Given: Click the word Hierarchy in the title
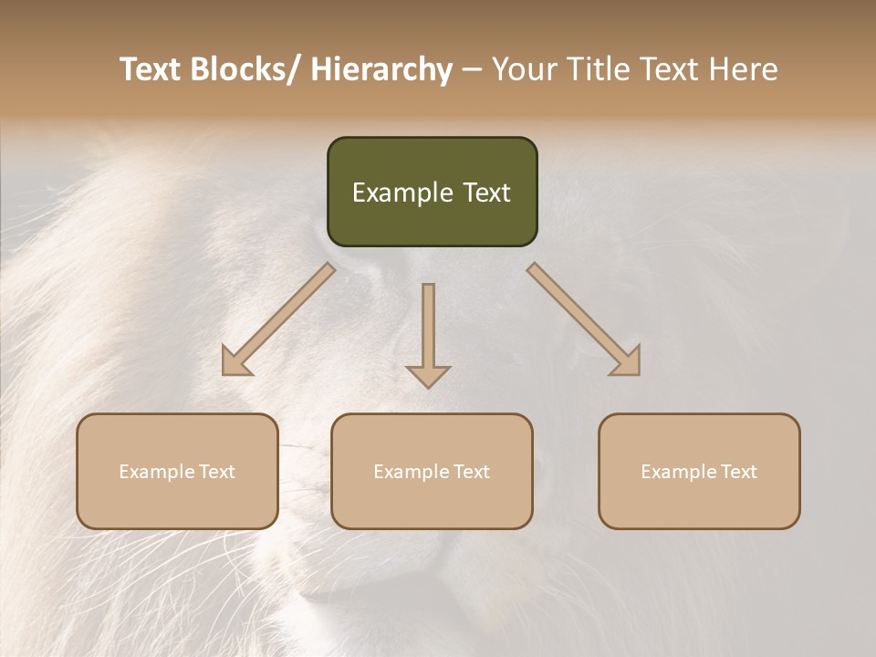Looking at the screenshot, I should click(x=381, y=70).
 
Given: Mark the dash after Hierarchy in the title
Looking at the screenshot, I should click(x=472, y=70).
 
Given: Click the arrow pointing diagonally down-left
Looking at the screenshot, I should click(x=277, y=320).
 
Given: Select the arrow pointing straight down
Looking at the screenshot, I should click(x=428, y=334).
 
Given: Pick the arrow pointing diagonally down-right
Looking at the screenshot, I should click(x=585, y=320).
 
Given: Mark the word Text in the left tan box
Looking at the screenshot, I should click(x=217, y=472).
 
